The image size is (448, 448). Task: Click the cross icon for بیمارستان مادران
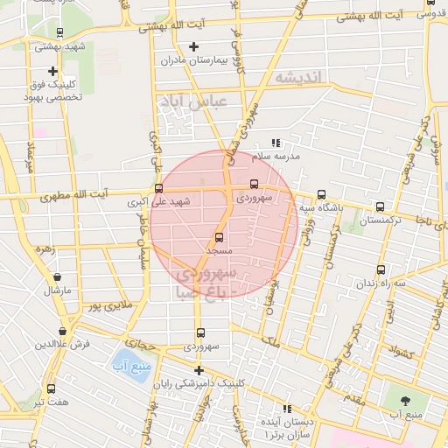click(x=193, y=46)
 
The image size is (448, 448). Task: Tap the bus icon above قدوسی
click(x=429, y=3)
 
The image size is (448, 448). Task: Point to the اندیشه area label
click(x=299, y=79)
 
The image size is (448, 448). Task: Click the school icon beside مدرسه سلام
click(x=276, y=143)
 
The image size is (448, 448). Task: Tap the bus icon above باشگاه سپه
click(x=321, y=195)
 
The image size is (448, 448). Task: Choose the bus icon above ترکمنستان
click(x=379, y=206)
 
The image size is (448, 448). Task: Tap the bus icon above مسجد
click(x=219, y=236)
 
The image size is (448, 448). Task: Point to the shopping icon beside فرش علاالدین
click(x=62, y=331)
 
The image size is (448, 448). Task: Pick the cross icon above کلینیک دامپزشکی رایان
click(x=199, y=370)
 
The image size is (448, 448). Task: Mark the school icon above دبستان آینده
click(x=286, y=408)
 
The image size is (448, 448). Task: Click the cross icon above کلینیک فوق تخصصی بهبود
click(x=53, y=71)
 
